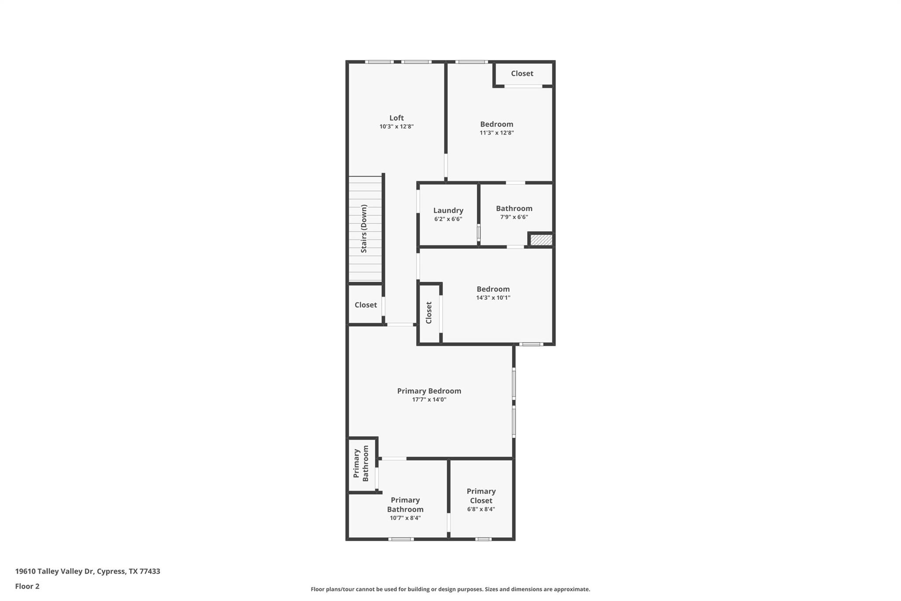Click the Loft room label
396,118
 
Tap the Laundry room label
448,210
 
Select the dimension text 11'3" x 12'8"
497,133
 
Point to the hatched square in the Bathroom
541,240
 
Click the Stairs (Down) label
364,229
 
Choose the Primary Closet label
481,496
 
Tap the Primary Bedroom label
429,391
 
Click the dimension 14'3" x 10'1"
493,298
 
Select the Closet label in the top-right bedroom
522,74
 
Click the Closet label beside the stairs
366,305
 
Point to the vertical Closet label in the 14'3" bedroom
429,313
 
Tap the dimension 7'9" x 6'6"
514,217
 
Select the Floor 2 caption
27,586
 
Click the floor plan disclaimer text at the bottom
450,589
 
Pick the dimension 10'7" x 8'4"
405,518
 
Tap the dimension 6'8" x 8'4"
481,509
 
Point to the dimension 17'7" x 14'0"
429,400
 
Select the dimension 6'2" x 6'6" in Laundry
448,219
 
